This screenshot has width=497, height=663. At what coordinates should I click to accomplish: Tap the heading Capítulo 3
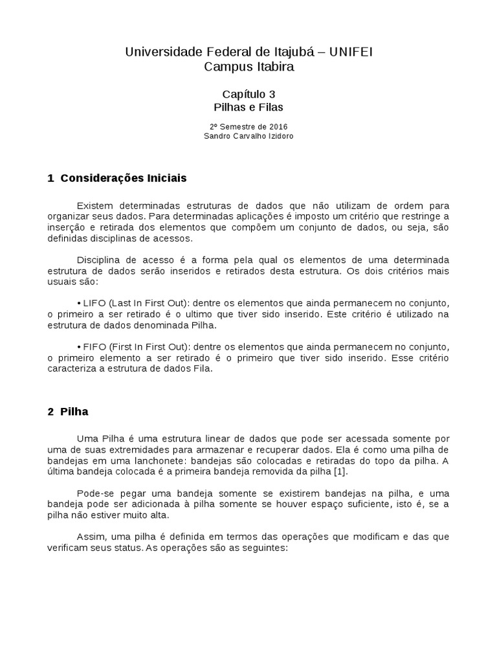tap(248, 94)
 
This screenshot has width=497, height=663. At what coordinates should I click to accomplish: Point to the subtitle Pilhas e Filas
tap(248, 107)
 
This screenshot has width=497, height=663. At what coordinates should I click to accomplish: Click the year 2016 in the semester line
tap(278, 126)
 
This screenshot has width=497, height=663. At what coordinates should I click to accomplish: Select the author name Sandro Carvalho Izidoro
tap(248, 137)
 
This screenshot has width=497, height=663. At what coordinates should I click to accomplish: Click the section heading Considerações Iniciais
tap(123, 177)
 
